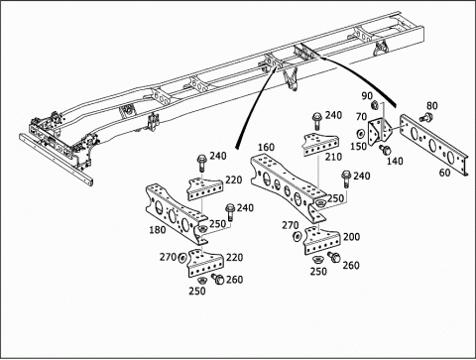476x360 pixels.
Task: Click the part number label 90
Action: pos(367,96)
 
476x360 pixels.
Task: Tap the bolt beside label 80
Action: pos(426,117)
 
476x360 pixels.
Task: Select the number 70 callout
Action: pos(361,117)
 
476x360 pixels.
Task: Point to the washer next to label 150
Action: pos(360,134)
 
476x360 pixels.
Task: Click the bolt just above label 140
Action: pos(385,150)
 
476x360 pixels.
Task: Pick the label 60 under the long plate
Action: pos(445,173)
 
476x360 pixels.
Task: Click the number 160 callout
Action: pos(266,147)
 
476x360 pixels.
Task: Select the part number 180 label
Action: pos(158,229)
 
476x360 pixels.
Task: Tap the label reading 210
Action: pos(333,157)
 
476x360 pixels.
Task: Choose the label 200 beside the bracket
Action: pos(351,237)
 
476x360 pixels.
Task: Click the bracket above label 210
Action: pos(320,144)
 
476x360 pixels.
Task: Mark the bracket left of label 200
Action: pos(321,240)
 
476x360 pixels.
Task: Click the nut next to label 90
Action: pos(375,105)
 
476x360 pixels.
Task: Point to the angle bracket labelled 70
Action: pos(380,130)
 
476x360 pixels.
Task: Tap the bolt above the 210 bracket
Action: pos(316,120)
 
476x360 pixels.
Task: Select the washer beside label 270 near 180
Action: pos(182,258)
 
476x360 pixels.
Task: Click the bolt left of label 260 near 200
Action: pos(334,257)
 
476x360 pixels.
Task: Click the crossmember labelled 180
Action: pos(177,214)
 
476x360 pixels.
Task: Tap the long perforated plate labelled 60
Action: pos(434,145)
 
